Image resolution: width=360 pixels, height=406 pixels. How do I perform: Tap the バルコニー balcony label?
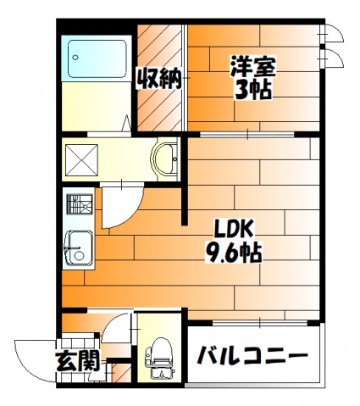click(x=252, y=354)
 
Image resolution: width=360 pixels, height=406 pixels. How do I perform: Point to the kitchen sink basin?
click(x=79, y=247)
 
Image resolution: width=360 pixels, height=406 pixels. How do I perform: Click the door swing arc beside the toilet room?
click(x=119, y=327)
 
